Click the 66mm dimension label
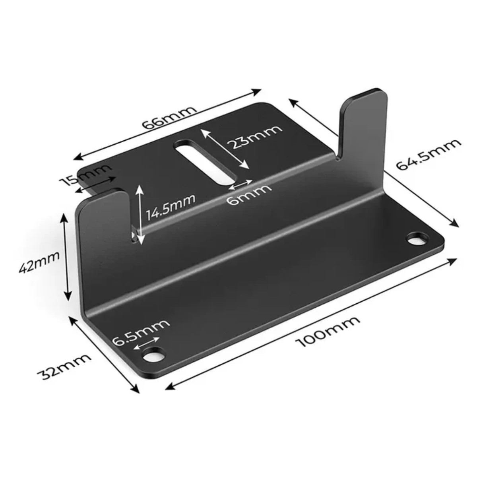click(x=170, y=117)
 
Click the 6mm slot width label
click(x=249, y=194)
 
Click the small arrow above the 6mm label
click(x=241, y=184)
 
